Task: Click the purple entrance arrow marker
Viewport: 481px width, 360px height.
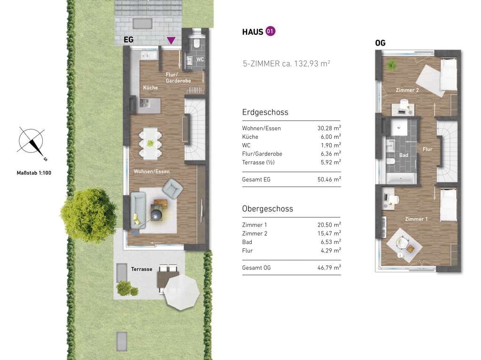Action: (171, 40)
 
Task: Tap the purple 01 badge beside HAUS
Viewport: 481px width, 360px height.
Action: (270, 31)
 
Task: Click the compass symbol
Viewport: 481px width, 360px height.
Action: (31, 142)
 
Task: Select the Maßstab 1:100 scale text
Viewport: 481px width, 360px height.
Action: (34, 173)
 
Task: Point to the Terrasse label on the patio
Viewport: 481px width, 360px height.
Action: (142, 269)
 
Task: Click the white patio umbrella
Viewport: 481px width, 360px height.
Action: (181, 292)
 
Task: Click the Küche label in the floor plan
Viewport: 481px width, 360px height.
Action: (150, 88)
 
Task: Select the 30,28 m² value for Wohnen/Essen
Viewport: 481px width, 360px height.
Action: (329, 128)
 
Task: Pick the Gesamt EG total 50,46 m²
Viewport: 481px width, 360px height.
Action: (329, 179)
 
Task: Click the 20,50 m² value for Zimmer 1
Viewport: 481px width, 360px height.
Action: (329, 225)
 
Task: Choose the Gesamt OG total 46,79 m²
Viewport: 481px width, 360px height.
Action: (329, 268)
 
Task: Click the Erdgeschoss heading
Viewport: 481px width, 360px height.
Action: (265, 112)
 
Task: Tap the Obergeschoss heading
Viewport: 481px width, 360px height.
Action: (267, 209)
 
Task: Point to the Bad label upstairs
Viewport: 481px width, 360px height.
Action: (403, 155)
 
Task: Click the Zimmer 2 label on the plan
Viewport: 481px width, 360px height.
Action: (407, 90)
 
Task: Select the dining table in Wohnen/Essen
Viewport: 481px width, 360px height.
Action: (150, 143)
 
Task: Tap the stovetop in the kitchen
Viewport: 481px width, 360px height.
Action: (145, 102)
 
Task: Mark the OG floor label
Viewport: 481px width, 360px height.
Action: (380, 43)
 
